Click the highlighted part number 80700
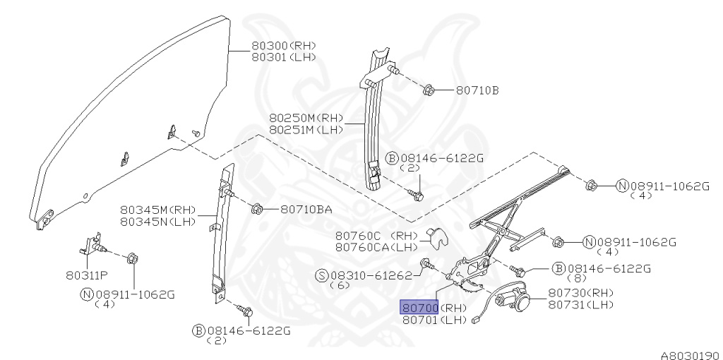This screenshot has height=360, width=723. pos(420,308)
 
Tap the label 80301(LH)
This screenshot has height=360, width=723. pos(283,57)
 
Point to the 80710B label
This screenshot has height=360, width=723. pos(477,90)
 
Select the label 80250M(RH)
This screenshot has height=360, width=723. pos(306,117)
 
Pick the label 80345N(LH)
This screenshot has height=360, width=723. pos(157,222)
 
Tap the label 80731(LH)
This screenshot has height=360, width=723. pos(581,304)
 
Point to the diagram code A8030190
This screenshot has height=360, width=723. pos(690,355)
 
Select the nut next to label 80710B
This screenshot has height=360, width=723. pos(429,90)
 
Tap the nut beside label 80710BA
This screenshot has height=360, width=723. pos(258,209)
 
